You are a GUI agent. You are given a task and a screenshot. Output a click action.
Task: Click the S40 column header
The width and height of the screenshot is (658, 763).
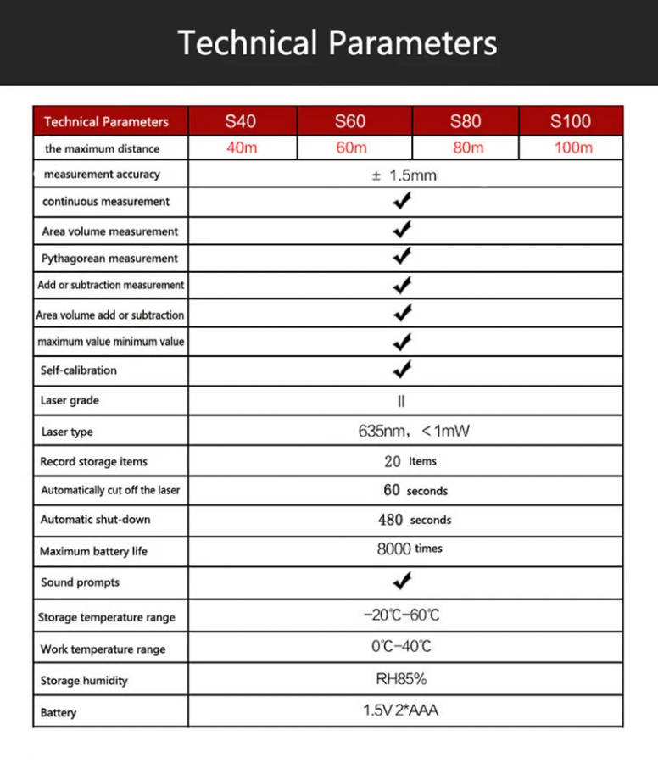(241, 121)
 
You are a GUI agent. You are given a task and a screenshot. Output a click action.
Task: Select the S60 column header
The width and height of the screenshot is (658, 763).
(350, 121)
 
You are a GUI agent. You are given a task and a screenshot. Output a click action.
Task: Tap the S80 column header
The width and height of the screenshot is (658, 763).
(466, 121)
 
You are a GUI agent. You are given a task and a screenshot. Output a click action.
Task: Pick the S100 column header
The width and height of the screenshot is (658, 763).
(571, 121)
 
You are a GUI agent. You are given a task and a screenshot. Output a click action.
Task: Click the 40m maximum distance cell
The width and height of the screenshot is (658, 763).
(242, 148)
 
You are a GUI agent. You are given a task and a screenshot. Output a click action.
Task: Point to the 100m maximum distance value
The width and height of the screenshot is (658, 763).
(573, 148)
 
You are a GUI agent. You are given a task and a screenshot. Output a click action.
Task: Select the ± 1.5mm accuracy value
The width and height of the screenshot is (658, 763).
(404, 175)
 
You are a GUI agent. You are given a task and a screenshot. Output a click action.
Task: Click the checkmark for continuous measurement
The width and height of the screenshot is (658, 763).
(403, 202)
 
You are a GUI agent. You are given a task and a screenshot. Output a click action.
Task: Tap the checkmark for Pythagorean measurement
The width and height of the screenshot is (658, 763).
(403, 257)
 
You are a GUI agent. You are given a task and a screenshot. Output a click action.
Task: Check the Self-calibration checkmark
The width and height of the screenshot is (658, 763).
(403, 370)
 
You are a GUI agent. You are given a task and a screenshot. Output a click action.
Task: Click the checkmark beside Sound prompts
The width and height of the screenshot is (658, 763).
(403, 582)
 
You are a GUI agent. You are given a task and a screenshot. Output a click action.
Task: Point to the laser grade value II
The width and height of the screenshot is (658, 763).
(402, 401)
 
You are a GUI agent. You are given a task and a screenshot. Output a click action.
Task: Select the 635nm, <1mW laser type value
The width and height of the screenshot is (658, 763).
(414, 431)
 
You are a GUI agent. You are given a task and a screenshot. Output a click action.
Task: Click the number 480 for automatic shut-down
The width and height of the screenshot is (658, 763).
(391, 520)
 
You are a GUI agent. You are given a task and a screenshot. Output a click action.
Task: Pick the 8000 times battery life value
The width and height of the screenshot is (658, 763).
(410, 549)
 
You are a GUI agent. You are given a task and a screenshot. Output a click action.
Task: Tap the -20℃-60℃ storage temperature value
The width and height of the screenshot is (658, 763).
(402, 615)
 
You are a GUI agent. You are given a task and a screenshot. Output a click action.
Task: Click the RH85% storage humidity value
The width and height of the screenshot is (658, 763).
(401, 679)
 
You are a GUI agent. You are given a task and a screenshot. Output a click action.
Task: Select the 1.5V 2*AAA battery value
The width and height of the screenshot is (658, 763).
(401, 710)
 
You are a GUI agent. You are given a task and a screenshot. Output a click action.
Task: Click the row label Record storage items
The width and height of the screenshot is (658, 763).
(93, 462)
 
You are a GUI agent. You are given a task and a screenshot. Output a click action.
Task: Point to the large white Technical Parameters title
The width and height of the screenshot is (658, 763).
(337, 42)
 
